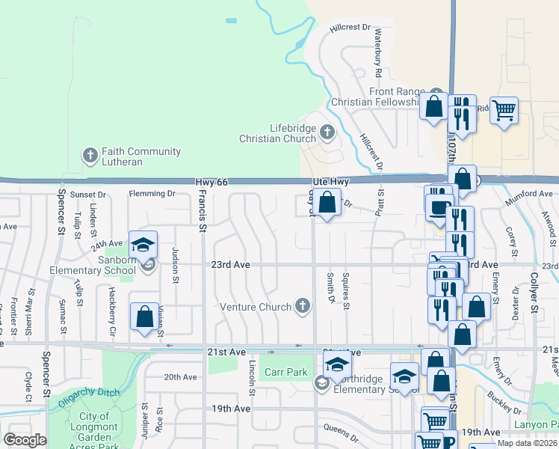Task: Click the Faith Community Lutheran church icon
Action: [x=90, y=156]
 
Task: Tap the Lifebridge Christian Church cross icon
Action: [x=327, y=133]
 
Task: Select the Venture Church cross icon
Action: [x=302, y=305]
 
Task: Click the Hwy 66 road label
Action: [x=211, y=182]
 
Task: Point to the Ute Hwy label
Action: [x=330, y=182]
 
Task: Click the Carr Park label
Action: [x=285, y=372]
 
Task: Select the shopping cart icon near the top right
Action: [x=504, y=111]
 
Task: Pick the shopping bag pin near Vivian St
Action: [x=144, y=317]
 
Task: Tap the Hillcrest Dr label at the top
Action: [x=350, y=28]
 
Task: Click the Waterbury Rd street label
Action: [x=378, y=54]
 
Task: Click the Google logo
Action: [x=25, y=440]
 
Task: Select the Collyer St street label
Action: [x=534, y=292]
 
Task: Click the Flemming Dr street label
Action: [x=151, y=194]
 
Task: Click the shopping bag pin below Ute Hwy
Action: [x=327, y=203]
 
